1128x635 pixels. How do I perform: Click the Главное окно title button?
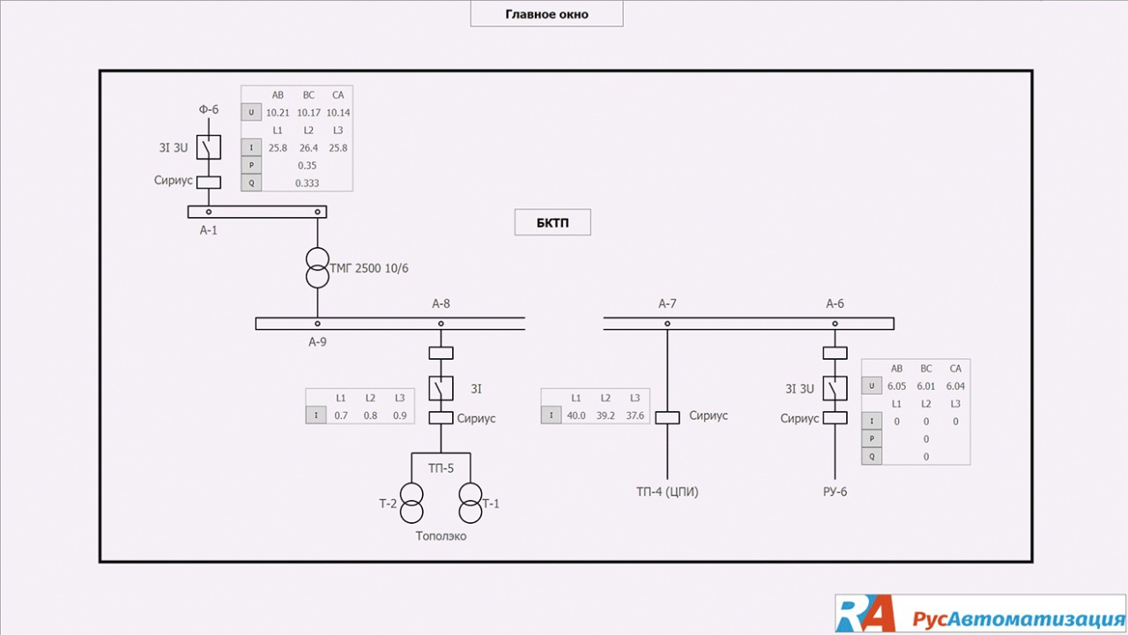coord(546,14)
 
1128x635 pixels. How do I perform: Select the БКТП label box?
coord(553,222)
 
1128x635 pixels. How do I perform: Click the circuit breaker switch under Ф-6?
coord(209,147)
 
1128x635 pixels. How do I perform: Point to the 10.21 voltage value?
coord(278,113)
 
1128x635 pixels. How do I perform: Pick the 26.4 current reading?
coord(308,147)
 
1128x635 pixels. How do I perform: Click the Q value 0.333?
coord(307,183)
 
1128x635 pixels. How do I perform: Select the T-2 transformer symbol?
coord(412,504)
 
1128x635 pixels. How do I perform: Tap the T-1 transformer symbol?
coord(470,504)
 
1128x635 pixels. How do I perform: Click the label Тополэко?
coord(442,535)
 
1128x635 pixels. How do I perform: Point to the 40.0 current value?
coord(576,415)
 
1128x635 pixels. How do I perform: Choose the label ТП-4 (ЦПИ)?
coord(667,492)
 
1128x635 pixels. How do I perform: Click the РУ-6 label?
coord(835,492)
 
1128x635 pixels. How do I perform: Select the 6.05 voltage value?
coord(897,386)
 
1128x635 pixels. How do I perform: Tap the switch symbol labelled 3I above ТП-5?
coord(441,388)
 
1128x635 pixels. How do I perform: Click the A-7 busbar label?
coord(667,304)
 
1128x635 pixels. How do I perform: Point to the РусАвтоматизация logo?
coord(980,614)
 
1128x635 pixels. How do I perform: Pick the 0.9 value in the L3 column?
coord(400,415)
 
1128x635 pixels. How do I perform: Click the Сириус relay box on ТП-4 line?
coord(667,418)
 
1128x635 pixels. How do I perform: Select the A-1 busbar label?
coord(208,230)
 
